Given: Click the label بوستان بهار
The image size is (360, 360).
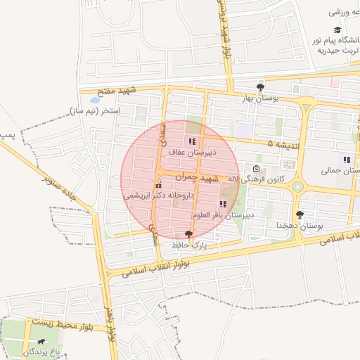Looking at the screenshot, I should tap(259, 99).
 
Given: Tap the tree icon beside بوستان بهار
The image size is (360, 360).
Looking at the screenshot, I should tap(261, 88).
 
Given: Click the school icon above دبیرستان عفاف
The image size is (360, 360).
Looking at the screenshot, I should tap(192, 141).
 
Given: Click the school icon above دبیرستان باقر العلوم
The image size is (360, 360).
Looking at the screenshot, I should tap(224, 204).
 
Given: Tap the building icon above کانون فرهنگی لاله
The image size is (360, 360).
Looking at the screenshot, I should tap(256, 168).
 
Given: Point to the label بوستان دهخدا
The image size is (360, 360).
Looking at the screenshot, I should tap(300, 225).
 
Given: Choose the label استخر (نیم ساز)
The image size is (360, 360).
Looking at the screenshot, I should tap(95, 111).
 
